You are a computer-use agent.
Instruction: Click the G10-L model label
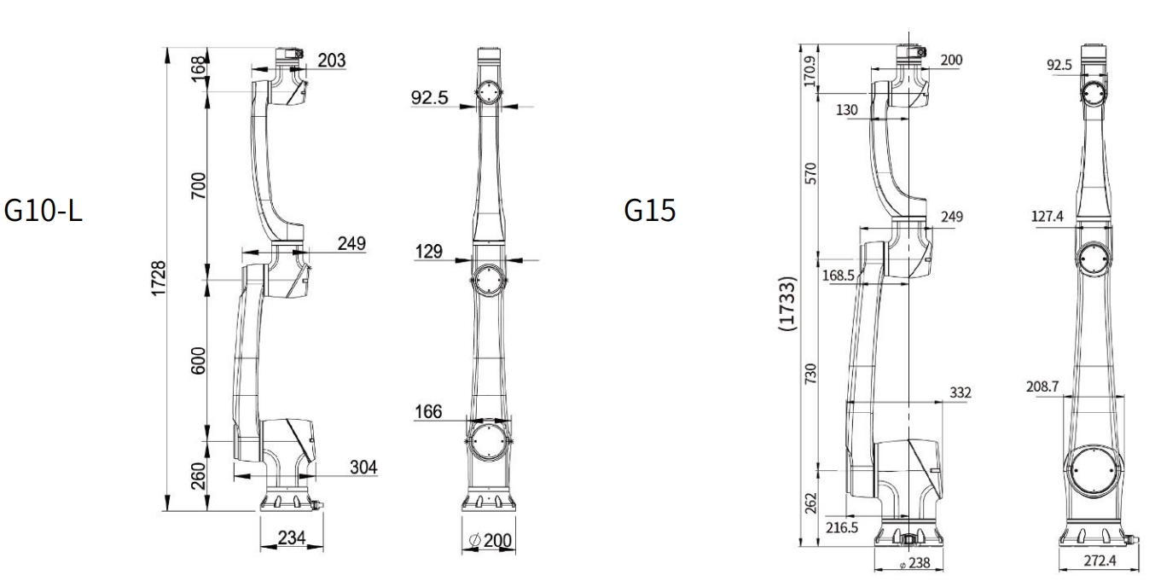(43, 211)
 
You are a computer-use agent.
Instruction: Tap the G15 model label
(650, 210)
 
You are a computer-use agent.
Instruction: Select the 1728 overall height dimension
(159, 278)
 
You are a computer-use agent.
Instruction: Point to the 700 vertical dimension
(198, 186)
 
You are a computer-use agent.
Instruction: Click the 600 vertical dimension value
(198, 361)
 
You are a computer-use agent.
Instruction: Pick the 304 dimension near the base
(363, 467)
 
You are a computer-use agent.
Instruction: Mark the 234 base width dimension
(292, 537)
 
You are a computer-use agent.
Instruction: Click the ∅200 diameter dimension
(490, 540)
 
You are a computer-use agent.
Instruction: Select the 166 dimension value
(428, 411)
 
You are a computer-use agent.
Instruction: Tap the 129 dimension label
(429, 252)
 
